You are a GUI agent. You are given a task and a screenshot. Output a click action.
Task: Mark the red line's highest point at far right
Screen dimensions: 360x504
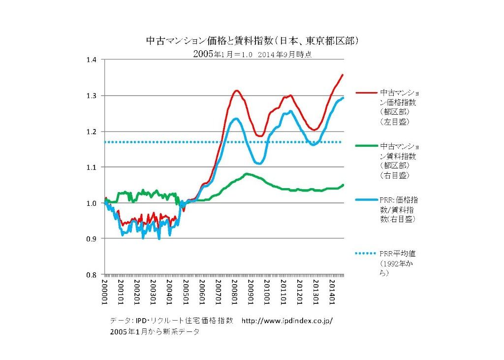(x=343, y=75)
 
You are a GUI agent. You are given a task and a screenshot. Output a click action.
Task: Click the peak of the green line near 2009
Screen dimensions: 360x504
(x=247, y=173)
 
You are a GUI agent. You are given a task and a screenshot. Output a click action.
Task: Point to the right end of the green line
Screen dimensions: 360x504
(x=343, y=185)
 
